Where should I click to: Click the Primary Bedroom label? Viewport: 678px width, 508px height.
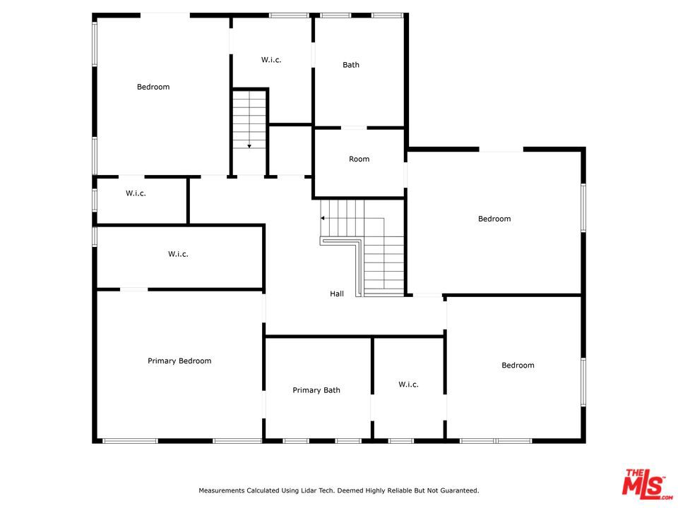(x=179, y=361)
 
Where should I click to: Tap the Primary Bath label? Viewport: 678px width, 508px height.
(x=316, y=390)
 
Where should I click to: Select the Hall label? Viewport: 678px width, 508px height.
(x=337, y=294)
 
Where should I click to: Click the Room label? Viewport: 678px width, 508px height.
(x=359, y=159)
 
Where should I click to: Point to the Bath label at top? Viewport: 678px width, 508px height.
(x=351, y=65)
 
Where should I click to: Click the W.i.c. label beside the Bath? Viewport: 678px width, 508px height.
(x=271, y=59)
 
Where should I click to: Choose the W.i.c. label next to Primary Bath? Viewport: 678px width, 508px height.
(x=409, y=385)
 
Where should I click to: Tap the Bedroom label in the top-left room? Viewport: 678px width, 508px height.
(x=153, y=87)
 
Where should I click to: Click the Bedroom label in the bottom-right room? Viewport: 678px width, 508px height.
(x=518, y=365)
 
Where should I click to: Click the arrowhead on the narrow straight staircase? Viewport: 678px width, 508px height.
(x=249, y=147)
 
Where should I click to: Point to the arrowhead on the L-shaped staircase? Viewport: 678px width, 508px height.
(x=323, y=218)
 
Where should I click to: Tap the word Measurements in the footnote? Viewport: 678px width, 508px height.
(x=221, y=490)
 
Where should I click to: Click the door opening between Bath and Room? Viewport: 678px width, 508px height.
(x=354, y=128)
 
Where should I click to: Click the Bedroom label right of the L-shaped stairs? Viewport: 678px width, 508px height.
(x=494, y=219)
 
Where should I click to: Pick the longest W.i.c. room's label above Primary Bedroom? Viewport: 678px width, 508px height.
(x=178, y=254)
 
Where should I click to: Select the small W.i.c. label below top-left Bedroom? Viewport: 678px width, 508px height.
(x=136, y=193)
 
